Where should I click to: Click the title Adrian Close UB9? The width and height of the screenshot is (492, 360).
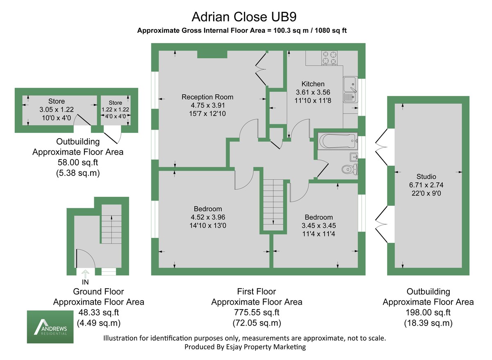244,17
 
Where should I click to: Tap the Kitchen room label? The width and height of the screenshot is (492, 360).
313,84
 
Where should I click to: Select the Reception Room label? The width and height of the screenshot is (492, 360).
207,97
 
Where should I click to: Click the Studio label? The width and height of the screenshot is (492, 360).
426,177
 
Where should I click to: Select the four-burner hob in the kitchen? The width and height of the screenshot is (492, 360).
330,58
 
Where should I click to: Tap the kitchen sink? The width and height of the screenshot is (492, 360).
350,85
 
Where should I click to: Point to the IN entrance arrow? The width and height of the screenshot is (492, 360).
86,273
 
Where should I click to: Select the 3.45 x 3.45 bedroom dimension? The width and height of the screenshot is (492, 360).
319,226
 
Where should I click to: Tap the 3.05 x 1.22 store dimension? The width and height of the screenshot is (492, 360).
56,109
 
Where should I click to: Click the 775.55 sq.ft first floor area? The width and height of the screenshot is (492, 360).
256,312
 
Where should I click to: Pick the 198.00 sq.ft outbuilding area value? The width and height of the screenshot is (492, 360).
428,312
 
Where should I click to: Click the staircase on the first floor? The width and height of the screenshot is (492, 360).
273,205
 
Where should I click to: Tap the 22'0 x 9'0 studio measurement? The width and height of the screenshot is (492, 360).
426,193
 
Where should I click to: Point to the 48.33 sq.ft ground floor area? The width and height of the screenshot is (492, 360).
98,312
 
